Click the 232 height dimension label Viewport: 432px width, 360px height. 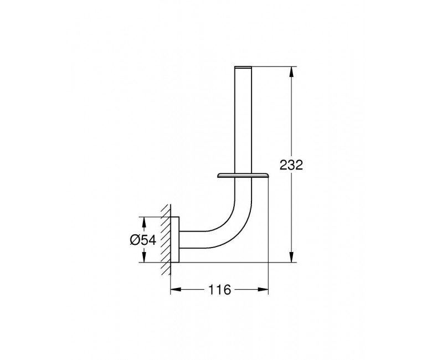[x=291, y=165]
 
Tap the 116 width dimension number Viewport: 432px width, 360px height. [x=219, y=290]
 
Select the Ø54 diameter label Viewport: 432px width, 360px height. [x=143, y=240]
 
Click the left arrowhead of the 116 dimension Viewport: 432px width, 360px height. [x=176, y=289]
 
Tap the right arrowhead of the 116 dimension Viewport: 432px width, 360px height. [x=263, y=289]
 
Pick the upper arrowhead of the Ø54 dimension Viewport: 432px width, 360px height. [x=144, y=222]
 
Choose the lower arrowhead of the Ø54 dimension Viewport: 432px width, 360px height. [x=144, y=257]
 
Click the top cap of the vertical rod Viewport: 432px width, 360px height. [x=243, y=67]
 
